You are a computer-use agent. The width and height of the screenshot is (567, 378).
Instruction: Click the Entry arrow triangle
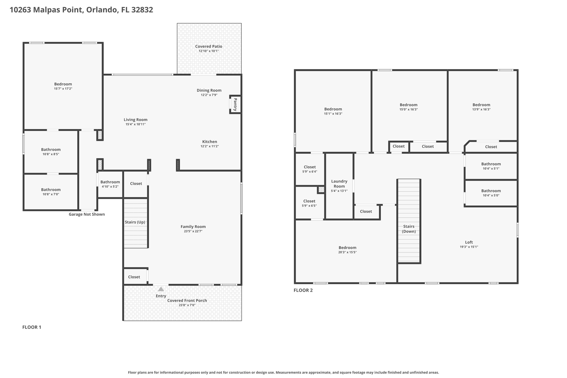point(161,289)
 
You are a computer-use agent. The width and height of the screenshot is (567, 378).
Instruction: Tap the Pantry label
point(235,104)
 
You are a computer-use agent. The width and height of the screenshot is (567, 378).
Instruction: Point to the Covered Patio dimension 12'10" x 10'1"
point(208,51)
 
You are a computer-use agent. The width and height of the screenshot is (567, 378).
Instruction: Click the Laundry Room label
point(339,184)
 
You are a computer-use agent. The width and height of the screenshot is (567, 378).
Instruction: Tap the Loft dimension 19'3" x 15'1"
point(469,247)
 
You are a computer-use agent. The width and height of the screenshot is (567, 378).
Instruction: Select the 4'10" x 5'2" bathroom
point(110,184)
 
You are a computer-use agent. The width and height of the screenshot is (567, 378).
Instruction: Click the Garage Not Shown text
point(87,214)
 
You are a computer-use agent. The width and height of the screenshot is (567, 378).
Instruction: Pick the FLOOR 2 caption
point(303,290)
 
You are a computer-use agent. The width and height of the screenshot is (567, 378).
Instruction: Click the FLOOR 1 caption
point(32,327)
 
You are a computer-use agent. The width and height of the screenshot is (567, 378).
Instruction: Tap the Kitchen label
point(210,142)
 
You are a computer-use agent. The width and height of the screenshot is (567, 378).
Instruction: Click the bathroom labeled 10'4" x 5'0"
point(491,193)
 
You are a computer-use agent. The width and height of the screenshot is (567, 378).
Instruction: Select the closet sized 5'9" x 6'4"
point(310,169)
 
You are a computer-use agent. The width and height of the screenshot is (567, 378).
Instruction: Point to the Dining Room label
point(209,90)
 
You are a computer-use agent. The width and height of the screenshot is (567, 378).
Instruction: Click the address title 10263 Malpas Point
point(81,10)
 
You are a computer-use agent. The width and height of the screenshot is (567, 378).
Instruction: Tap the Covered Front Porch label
point(187,300)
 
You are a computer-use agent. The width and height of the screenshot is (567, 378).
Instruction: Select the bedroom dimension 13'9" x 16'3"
point(481,109)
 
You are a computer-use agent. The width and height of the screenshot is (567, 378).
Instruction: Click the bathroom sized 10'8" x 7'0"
point(51,192)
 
